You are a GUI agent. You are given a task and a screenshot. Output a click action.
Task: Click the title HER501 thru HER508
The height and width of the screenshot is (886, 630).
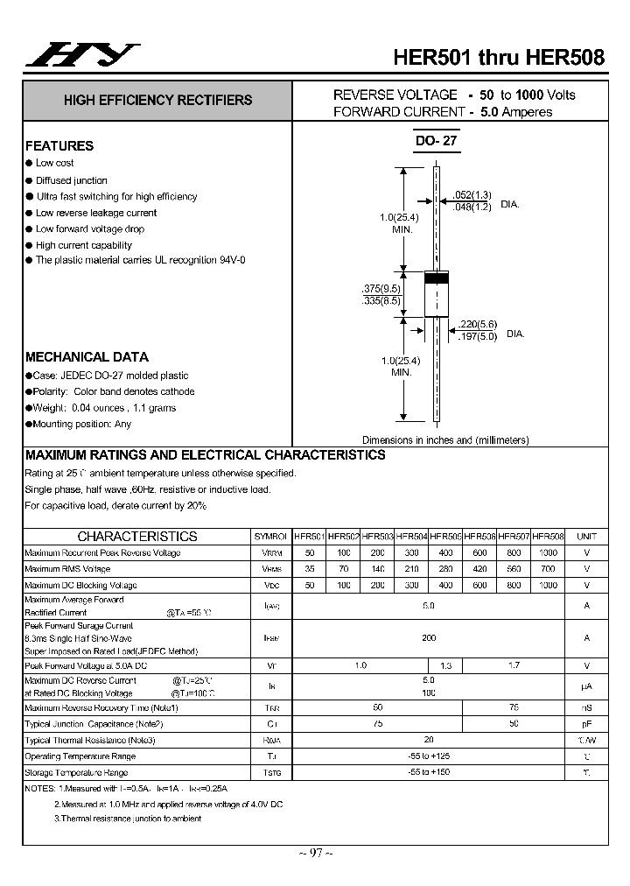pos(498,57)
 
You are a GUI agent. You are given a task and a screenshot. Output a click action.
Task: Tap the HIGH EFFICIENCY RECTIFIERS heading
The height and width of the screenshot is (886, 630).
pos(157,101)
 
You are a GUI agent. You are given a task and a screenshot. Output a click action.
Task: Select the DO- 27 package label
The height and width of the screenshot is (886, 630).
pos(436,140)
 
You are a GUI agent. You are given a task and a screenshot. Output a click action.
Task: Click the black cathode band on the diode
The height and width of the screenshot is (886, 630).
pos(436,278)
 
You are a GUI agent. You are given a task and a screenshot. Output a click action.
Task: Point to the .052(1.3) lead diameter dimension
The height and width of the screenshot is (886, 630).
pos(472,194)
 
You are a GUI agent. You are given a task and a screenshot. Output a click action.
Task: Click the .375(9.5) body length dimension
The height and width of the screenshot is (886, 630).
pos(381,288)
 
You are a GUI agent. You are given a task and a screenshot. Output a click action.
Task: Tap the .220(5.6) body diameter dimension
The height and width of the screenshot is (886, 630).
pos(478,323)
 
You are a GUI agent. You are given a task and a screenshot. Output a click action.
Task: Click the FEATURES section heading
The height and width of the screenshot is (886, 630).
pos(59,146)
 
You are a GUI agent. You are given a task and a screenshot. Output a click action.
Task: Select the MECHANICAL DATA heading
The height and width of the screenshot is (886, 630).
pos(87,357)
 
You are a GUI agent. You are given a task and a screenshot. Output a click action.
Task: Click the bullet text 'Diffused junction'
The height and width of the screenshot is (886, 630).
pos(72,180)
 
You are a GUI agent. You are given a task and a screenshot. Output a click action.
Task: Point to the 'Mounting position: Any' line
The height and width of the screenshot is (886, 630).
pos(81,424)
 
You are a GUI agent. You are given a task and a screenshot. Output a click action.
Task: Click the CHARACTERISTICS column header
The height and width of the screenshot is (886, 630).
pos(137,536)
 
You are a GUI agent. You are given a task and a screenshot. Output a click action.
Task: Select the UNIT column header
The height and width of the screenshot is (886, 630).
pos(586,536)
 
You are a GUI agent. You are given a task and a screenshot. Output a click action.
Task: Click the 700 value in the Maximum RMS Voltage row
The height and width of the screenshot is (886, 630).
pos(548,569)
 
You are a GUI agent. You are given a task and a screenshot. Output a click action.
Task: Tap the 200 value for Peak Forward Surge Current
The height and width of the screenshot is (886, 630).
pos(429,638)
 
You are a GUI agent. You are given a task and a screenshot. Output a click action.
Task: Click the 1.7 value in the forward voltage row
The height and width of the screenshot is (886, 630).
pos(514,665)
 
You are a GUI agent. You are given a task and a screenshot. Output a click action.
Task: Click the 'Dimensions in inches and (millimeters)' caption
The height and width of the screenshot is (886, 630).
pos(445,440)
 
